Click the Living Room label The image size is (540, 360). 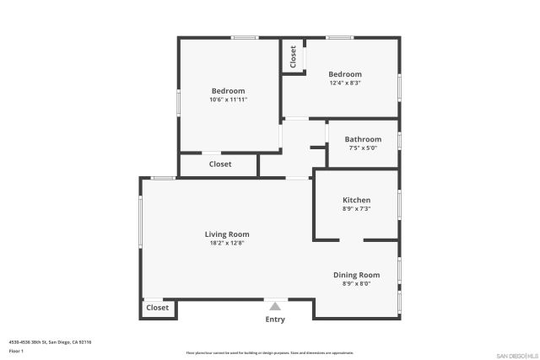click(227, 234)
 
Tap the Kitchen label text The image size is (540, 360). click(356, 200)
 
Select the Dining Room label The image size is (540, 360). click(356, 275)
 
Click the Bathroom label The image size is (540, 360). click(363, 139)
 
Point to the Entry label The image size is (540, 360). click(275, 320)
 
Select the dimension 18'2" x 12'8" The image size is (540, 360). click(227, 243)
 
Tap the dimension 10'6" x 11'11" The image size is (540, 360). click(228, 99)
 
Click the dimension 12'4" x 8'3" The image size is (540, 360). click(345, 83)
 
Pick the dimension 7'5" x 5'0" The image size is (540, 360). click(363, 148)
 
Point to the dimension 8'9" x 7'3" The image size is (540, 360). click(356, 208)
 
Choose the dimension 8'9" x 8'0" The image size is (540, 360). click(356, 283)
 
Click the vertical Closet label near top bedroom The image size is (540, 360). click(293, 57)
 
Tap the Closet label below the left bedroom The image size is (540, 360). click(220, 164)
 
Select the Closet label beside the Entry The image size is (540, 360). click(158, 308)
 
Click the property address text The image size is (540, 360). click(50, 341)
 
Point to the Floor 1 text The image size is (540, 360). click(16, 350)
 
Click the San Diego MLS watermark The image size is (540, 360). click(516, 354)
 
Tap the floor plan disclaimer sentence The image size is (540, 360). click(269, 352)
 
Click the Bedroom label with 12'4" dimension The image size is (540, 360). click(345, 74)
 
